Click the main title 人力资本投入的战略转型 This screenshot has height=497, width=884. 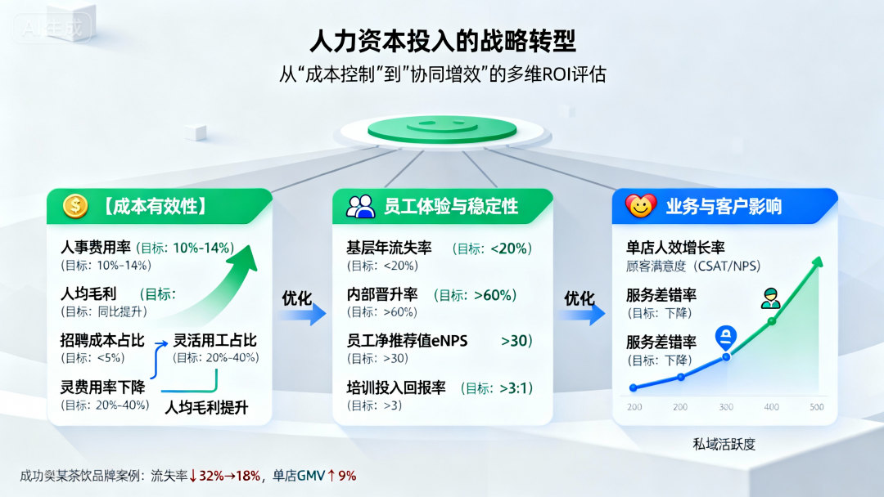tap(443, 41)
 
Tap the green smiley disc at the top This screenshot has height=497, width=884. tap(442, 129)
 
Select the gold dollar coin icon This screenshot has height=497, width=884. tap(75, 206)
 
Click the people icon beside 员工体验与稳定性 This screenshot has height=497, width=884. tap(361, 207)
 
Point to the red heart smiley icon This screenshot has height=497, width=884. tap(640, 206)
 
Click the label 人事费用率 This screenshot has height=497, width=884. tap(95, 247)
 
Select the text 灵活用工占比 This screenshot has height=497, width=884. tap(214, 340)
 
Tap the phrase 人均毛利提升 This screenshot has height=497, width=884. tap(206, 408)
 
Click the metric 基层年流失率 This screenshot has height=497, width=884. tap(389, 248)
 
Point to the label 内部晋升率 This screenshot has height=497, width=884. tap(381, 294)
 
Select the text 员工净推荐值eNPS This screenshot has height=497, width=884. tap(407, 341)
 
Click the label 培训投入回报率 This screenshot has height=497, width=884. tap(396, 387)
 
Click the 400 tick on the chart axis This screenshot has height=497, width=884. tap(771, 407)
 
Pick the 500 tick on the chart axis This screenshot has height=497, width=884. tap(816, 407)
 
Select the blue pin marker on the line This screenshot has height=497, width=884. tap(725, 338)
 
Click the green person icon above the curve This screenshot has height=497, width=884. tap(771, 298)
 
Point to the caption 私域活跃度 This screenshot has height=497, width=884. tap(724, 444)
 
